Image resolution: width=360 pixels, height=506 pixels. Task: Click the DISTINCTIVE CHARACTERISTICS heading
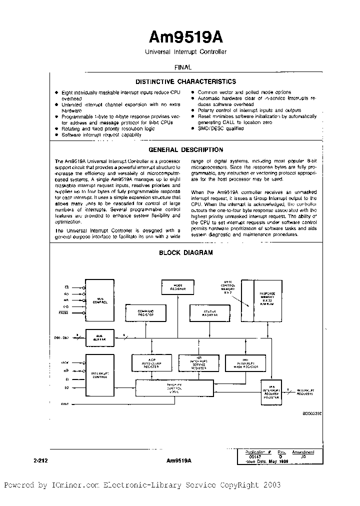pyautogui.click(x=186, y=81)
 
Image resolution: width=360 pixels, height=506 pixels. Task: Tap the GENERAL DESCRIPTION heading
pyautogui.click(x=186, y=149)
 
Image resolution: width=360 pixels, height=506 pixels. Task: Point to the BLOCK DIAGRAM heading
pyautogui.click(x=186, y=252)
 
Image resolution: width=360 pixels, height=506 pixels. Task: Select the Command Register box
pyautogui.click(x=145, y=313)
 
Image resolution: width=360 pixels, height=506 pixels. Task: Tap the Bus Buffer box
pyautogui.click(x=100, y=337)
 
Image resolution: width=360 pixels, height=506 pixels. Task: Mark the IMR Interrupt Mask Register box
pyautogui.click(x=243, y=363)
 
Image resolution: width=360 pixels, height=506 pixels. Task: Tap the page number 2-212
pyautogui.click(x=41, y=459)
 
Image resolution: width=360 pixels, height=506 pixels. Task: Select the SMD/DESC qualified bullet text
pyautogui.click(x=220, y=128)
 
